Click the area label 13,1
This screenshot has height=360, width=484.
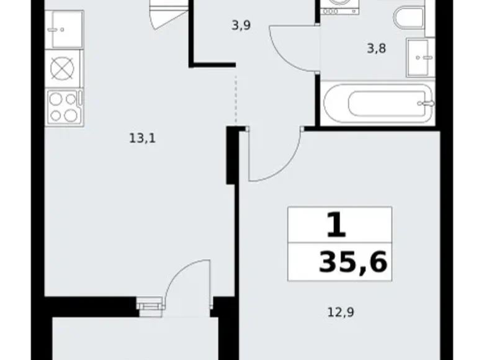(142, 139)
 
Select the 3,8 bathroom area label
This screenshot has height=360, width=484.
(377, 48)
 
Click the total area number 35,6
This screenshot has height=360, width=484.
(352, 263)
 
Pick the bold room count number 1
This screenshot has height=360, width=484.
(336, 225)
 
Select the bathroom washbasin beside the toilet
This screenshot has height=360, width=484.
(421, 57)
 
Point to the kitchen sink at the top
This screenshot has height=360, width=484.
(63, 29)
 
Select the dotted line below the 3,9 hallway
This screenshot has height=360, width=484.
(236, 99)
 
